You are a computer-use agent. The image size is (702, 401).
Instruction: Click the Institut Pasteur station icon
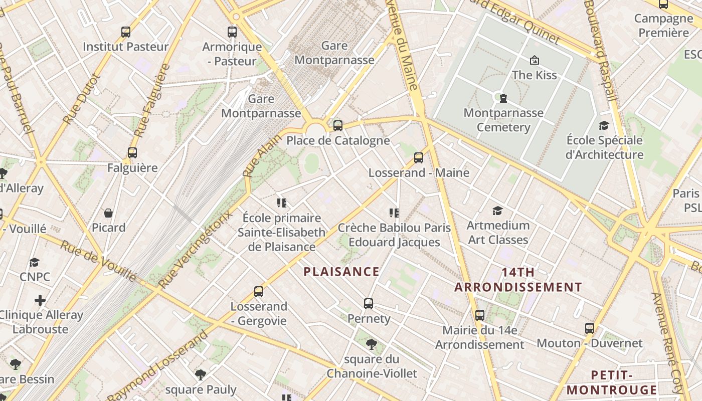(126, 32)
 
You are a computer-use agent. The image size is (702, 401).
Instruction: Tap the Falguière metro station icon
(132, 153)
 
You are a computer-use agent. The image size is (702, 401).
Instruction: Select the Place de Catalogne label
(338, 140)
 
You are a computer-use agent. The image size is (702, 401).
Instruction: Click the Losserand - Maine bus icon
(419, 158)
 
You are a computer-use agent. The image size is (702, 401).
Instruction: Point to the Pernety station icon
(369, 303)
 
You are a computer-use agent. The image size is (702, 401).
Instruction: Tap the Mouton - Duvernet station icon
(590, 329)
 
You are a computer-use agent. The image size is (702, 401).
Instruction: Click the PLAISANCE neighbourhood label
(341, 272)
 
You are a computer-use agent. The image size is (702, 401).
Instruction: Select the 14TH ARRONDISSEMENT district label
(518, 280)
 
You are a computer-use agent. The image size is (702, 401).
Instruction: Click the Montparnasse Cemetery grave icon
(503, 98)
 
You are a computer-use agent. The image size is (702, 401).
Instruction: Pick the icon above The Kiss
(535, 60)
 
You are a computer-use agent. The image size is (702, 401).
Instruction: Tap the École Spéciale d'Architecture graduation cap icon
(604, 125)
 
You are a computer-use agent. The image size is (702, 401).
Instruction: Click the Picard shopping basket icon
(108, 213)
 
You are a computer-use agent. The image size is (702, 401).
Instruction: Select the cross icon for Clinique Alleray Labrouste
(40, 300)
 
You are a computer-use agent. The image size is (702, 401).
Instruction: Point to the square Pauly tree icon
(201, 374)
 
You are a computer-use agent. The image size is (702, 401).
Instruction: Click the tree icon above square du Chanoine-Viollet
(372, 344)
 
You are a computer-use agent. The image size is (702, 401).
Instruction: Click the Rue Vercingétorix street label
(196, 249)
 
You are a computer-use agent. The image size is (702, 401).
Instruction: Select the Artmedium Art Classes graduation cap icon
(498, 211)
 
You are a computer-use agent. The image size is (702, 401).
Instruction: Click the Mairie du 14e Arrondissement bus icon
(480, 315)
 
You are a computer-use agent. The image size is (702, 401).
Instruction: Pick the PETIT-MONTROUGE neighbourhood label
(611, 382)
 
